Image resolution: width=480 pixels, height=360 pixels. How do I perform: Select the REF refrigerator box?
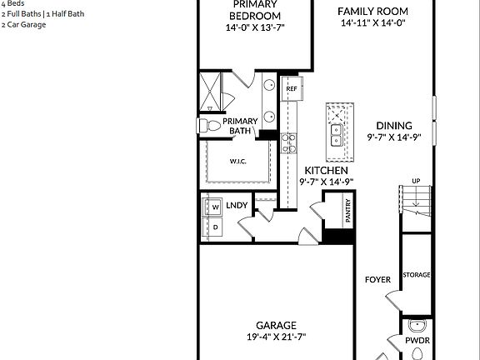pos(291,87)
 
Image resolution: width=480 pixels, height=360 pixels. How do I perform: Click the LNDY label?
pos(237,205)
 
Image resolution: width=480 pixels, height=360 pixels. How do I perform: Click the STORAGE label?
pos(416,275)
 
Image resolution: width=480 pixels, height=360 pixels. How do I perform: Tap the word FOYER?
pos(377,279)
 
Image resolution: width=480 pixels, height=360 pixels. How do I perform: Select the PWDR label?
pos(417,341)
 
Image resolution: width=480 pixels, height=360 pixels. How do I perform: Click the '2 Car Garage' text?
pos(23,25)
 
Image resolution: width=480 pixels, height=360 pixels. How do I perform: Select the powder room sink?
pos(417,326)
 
